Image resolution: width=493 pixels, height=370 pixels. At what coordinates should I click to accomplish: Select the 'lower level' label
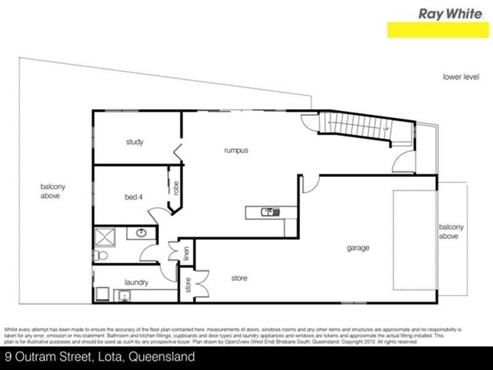pyautogui.click(x=460, y=77)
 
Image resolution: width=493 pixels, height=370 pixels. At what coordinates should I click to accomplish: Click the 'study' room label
pyautogui.click(x=134, y=142)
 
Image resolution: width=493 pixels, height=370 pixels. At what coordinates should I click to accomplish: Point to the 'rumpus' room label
pyautogui.click(x=235, y=150)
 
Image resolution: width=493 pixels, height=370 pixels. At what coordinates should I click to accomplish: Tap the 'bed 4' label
pyautogui.click(x=134, y=197)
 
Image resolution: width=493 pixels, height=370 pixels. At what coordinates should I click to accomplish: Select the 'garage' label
pyautogui.click(x=357, y=248)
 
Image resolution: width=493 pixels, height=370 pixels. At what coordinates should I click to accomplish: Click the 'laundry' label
pyautogui.click(x=136, y=282)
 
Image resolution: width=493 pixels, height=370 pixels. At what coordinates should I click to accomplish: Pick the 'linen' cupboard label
pyautogui.click(x=185, y=253)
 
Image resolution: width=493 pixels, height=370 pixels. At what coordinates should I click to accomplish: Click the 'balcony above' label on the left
pyautogui.click(x=53, y=191)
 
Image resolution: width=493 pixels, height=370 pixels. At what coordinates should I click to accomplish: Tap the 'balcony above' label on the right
pyautogui.click(x=452, y=231)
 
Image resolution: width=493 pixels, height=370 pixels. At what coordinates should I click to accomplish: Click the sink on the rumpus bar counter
pyautogui.click(x=269, y=212)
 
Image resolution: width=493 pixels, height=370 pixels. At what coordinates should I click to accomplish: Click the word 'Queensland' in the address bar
pyautogui.click(x=165, y=357)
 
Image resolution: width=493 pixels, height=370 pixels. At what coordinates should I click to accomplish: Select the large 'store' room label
pyautogui.click(x=239, y=278)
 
